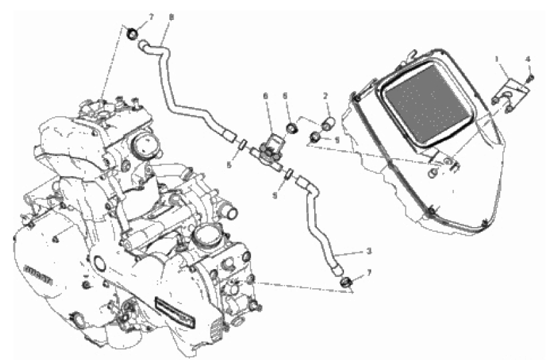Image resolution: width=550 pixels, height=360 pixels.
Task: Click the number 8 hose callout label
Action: [x=171, y=17]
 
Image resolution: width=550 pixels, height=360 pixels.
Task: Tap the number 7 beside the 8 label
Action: [x=149, y=17]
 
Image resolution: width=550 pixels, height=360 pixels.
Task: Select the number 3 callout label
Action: [x=368, y=252]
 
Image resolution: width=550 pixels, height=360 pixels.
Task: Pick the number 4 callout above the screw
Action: [x=529, y=59]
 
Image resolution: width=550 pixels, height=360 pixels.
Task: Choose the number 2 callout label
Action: [x=325, y=96]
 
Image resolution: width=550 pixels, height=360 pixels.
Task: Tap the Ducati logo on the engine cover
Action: [x=38, y=273]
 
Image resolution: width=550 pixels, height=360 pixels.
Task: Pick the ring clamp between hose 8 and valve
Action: [x=244, y=144]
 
